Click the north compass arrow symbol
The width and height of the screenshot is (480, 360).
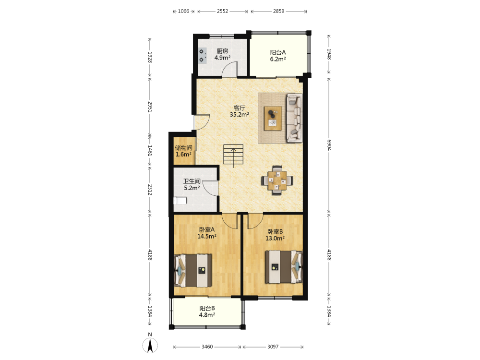[150, 346]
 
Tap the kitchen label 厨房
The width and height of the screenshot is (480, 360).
[223, 51]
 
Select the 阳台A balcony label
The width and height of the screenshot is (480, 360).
[277, 53]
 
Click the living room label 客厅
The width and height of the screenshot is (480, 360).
[240, 108]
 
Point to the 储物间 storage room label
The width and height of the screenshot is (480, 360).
[184, 148]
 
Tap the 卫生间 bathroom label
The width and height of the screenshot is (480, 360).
[192, 181]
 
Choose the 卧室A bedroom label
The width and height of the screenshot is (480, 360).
[207, 229]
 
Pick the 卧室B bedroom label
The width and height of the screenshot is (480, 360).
[275, 232]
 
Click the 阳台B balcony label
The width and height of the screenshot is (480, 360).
[207, 308]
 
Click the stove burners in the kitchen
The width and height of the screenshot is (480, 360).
[202, 55]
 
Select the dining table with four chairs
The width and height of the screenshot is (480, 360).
[277, 180]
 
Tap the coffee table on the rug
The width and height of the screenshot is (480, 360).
[273, 118]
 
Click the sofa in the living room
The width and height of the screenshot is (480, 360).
[294, 118]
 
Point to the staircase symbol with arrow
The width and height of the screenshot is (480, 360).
[233, 155]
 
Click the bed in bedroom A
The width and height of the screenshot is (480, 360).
[193, 270]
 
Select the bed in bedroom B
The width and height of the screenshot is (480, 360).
[284, 267]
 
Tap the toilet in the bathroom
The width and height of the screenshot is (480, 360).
[180, 201]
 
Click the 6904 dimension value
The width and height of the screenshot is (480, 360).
[329, 145]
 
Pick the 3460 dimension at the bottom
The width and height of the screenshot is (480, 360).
[207, 347]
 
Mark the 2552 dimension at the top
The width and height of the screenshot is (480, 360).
[223, 12]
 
